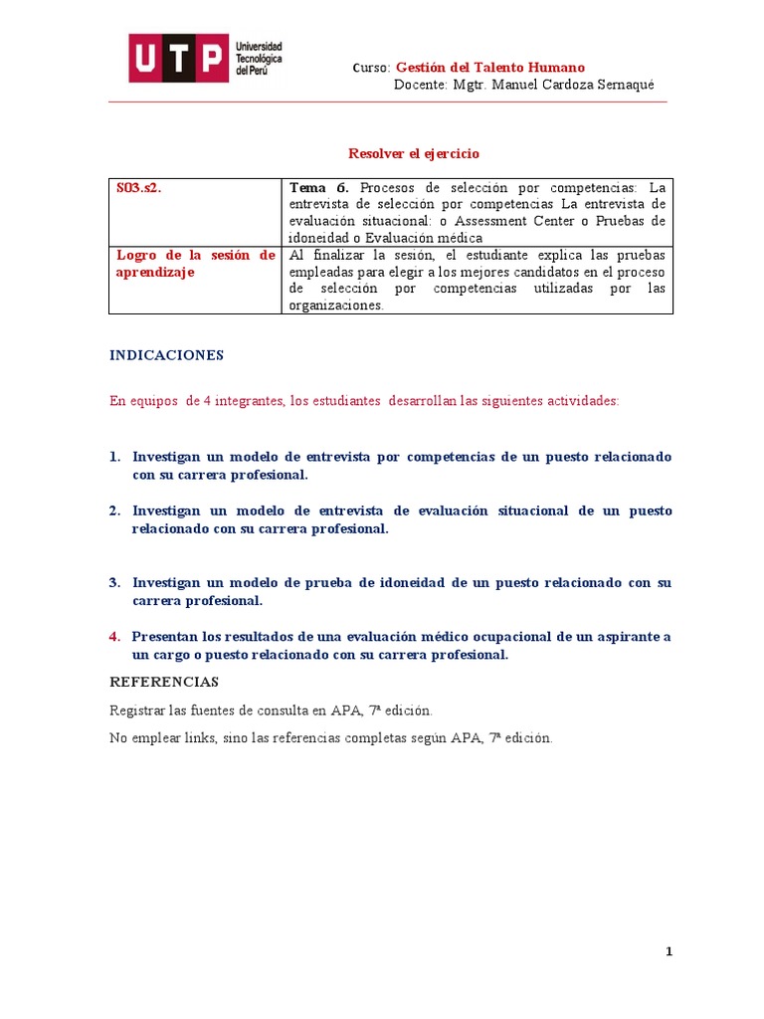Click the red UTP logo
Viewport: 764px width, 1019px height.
click(178, 59)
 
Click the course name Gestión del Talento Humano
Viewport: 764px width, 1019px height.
click(490, 68)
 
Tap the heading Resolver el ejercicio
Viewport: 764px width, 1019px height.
click(414, 153)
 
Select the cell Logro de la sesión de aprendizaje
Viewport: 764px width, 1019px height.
click(195, 264)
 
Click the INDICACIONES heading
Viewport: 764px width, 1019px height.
click(166, 355)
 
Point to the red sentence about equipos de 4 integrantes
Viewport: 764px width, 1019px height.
click(364, 400)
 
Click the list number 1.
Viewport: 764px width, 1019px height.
click(114, 457)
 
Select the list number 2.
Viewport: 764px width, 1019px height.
click(114, 510)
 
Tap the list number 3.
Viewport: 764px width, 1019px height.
click(114, 582)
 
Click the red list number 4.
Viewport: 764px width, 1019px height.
click(114, 636)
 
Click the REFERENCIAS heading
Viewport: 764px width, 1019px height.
click(163, 682)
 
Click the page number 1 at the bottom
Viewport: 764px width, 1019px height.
click(669, 952)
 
